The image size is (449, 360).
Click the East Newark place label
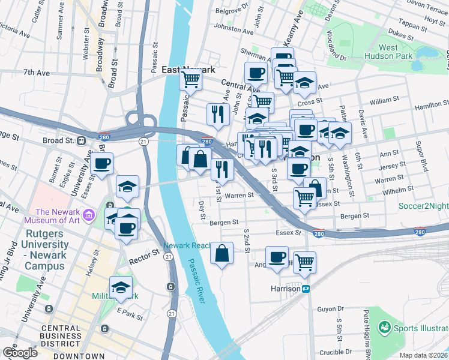coord(187,70)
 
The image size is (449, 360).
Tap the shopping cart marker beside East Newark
coord(190,79)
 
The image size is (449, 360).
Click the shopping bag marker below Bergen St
coord(222,254)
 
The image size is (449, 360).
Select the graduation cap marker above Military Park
coord(121,288)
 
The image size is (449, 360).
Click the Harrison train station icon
coord(306,289)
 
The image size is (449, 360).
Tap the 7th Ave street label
coord(36,73)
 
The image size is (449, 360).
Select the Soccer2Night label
coord(424,206)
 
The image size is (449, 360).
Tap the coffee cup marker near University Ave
coord(101,163)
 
